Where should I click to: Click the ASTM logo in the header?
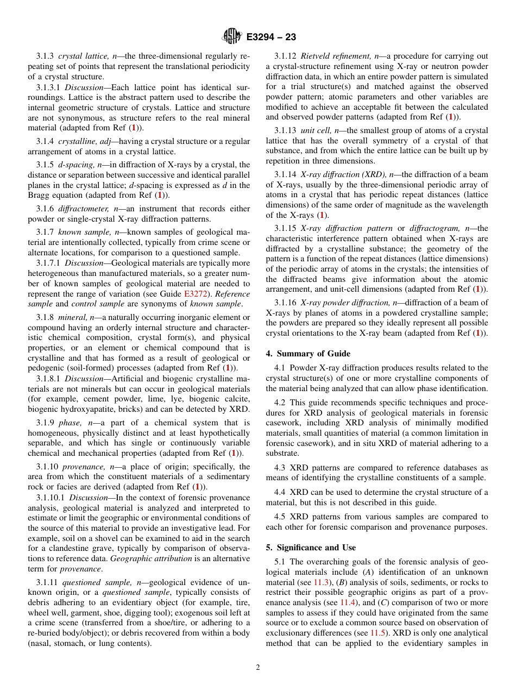(x=232, y=37)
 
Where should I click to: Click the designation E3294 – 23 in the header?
(x=271, y=37)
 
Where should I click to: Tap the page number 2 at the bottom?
(x=258, y=668)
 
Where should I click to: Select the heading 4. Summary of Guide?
(x=308, y=354)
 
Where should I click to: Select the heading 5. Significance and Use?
(x=311, y=548)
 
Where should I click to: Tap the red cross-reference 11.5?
(x=378, y=633)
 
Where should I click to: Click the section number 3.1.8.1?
(x=49, y=379)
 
